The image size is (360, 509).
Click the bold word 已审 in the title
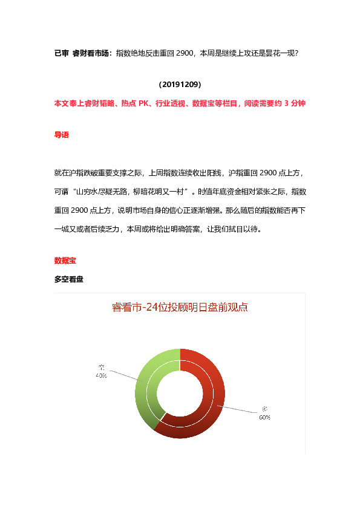coord(61,53)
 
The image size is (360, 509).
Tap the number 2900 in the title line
coord(183,53)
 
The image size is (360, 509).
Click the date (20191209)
coord(180,84)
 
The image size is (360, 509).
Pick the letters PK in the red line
coord(144,103)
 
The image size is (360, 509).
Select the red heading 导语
coord(61,135)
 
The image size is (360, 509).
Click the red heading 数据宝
coord(65,261)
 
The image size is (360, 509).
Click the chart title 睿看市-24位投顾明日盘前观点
coord(180,307)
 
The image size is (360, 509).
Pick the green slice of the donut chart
coord(147,381)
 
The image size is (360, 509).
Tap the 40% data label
coord(101,375)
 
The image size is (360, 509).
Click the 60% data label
coord(264,417)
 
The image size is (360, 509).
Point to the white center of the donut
coord(180,394)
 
